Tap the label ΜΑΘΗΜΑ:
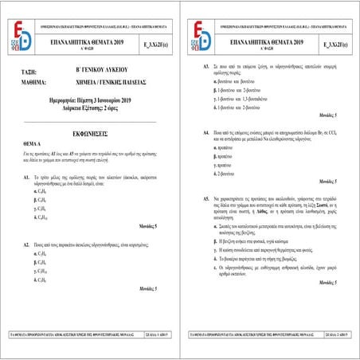tap(33, 82)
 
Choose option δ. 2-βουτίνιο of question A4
tap(227, 173)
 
